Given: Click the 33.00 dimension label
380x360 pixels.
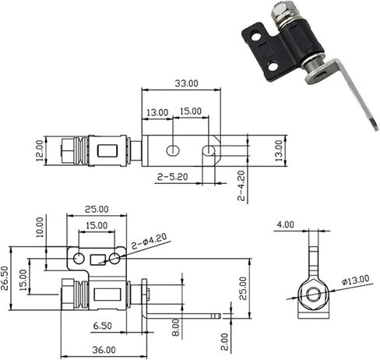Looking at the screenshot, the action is (186, 83).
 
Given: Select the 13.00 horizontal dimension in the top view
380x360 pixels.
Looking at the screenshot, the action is (157, 113).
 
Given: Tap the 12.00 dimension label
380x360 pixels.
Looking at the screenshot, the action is (40, 150).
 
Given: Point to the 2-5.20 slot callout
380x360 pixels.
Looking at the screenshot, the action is (172, 177).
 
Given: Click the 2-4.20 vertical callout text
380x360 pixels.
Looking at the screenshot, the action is (241, 185).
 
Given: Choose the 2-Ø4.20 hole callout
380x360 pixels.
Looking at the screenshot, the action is (150, 242).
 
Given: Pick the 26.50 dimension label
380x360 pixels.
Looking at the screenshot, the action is (5, 278).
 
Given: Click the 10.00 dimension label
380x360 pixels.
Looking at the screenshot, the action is (40, 228).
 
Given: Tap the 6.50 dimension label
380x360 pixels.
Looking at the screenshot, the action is (103, 326).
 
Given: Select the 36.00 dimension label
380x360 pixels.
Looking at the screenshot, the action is (104, 350).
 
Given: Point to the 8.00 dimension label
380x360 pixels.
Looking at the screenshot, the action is (176, 328).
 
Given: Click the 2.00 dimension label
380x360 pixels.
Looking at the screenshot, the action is (225, 342).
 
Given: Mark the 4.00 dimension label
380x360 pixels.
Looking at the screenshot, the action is (285, 224).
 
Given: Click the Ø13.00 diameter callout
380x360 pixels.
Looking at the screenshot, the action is (355, 280).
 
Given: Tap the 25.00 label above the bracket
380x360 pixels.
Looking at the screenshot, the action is (97, 210).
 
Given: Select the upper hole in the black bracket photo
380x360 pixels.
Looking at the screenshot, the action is (256, 36).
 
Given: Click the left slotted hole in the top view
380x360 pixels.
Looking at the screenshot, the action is (173, 150).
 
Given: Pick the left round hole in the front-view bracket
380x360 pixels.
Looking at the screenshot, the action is (79, 259).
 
